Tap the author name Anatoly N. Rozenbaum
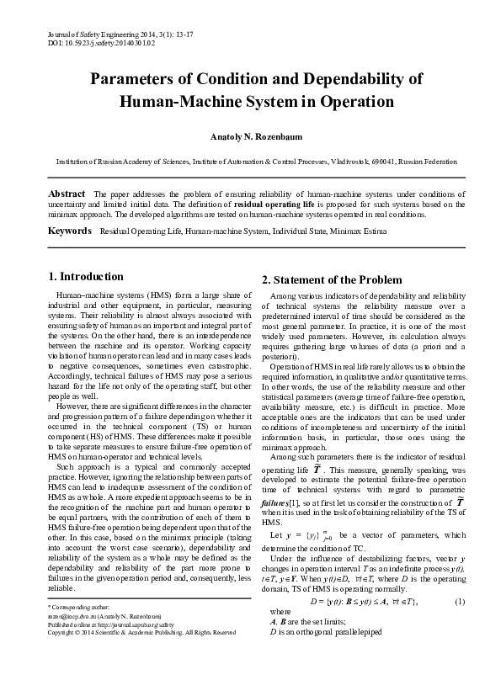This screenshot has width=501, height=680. coord(249,135)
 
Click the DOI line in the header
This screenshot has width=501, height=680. coord(90,40)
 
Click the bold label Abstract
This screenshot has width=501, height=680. coord(67,194)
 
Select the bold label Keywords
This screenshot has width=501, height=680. coord(69,230)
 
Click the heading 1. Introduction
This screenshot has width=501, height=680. coord(86,277)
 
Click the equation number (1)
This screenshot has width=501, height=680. coord(460,625)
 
